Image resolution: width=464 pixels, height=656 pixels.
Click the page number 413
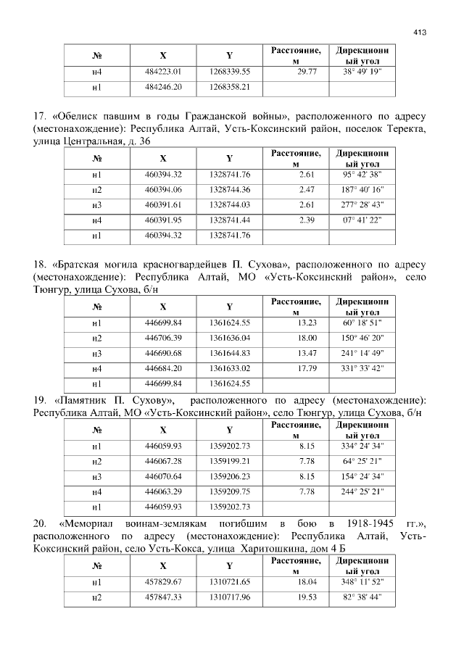pos(419,32)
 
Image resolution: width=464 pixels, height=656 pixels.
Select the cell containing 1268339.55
pos(229,72)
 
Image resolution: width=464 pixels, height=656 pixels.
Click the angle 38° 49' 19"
pos(362,72)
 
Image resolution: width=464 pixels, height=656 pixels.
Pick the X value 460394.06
pos(163,189)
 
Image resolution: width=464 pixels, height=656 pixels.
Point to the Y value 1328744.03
pos(229,204)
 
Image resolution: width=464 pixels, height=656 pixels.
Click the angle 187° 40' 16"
pos(362,189)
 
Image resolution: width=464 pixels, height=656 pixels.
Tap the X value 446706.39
pos(163,338)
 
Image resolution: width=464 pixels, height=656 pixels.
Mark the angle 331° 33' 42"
pos(362,368)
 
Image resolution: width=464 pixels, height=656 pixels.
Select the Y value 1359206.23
pos(229,476)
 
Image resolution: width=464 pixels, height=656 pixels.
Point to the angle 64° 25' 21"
pos(362,461)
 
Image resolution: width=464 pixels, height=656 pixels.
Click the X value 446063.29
pos(163,491)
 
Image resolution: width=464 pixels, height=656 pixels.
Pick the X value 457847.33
pos(163,598)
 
